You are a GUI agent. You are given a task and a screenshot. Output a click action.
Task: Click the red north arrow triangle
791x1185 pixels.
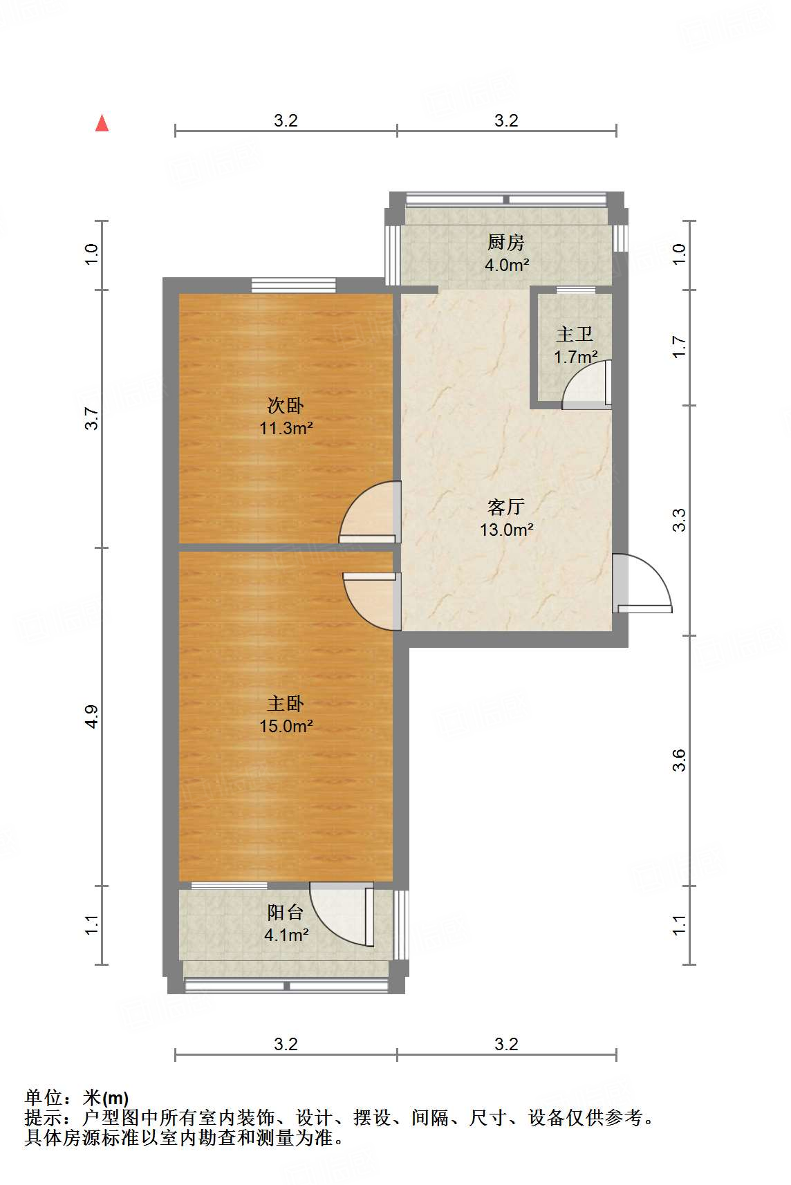click(x=102, y=123)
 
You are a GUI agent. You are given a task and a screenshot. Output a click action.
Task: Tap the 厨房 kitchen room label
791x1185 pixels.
click(x=506, y=242)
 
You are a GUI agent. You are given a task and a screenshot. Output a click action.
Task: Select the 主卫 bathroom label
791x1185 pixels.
click(x=575, y=335)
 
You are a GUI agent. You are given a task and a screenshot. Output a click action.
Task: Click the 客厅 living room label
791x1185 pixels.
click(x=506, y=507)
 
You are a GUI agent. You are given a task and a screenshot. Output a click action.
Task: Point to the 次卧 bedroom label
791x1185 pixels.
click(x=286, y=405)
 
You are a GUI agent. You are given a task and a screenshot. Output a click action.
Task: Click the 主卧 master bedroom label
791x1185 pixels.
click(x=286, y=703)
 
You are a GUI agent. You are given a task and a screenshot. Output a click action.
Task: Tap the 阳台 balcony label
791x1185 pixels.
click(x=286, y=913)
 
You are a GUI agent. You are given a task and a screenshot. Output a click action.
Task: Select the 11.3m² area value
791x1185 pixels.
click(x=286, y=428)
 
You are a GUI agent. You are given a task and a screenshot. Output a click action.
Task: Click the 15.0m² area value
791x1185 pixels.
click(x=286, y=726)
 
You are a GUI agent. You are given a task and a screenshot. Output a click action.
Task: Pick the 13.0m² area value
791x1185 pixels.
click(x=507, y=530)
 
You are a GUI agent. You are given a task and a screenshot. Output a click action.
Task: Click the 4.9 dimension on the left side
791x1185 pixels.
click(x=92, y=716)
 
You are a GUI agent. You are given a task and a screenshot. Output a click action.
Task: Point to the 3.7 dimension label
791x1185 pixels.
click(x=92, y=418)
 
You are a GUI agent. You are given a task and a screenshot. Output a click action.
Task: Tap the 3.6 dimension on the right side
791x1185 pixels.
click(x=679, y=761)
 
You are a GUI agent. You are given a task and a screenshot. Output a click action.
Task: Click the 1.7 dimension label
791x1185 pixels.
click(x=679, y=346)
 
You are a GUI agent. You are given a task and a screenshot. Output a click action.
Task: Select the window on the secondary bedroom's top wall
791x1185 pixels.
click(x=293, y=284)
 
